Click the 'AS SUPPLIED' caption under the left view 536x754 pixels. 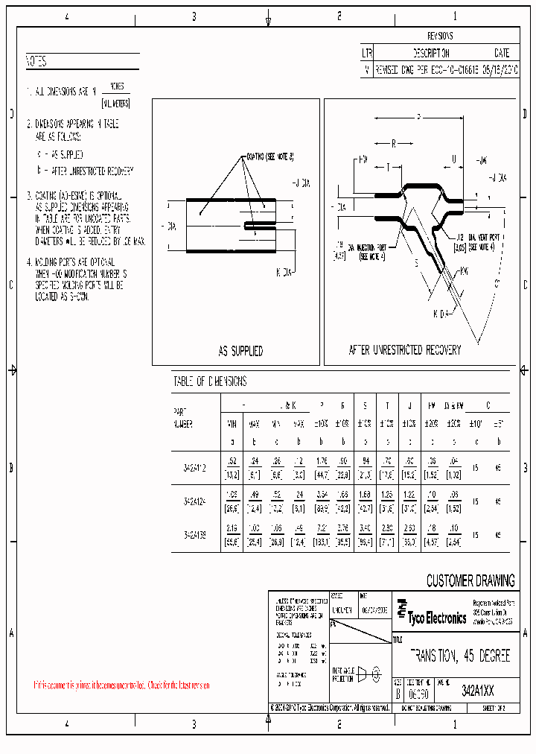(x=240, y=351)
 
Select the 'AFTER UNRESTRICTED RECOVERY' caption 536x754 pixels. (x=405, y=349)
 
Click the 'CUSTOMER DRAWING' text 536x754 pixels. (x=470, y=581)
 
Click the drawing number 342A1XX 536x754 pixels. (x=477, y=690)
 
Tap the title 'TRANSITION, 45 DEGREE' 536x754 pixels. (x=461, y=656)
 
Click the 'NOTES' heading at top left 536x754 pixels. (x=36, y=62)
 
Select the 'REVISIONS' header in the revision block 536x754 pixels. (x=440, y=36)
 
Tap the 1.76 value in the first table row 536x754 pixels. (x=322, y=460)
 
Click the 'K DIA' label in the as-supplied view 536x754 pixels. (x=283, y=273)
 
